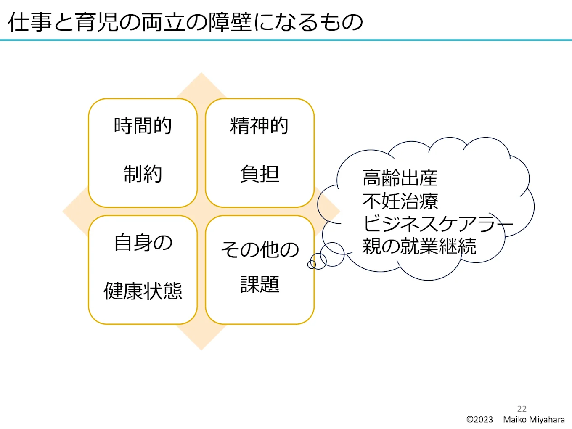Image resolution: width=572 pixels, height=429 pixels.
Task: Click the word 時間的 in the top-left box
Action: click(143, 126)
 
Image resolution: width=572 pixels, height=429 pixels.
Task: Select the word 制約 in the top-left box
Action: click(143, 174)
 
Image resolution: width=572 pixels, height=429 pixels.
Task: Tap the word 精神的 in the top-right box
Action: click(259, 126)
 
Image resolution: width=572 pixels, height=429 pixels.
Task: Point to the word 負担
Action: click(260, 174)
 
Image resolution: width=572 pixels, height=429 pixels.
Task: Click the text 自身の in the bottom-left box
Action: click(143, 243)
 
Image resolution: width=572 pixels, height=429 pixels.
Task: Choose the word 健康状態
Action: click(143, 291)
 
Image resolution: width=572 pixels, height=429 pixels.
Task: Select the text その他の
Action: click(260, 250)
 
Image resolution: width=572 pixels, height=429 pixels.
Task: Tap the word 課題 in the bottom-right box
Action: click(260, 284)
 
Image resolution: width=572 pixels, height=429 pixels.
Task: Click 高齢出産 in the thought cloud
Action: click(400, 178)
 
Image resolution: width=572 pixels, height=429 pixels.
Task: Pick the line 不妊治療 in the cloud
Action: click(400, 201)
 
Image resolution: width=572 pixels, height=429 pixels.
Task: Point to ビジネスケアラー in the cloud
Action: click(437, 224)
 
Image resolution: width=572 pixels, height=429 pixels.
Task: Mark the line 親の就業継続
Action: click(419, 246)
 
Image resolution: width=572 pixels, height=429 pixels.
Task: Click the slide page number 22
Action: click(522, 409)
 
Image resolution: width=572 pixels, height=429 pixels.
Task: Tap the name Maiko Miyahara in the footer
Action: click(534, 420)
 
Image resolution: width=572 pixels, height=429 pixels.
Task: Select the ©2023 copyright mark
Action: click(479, 420)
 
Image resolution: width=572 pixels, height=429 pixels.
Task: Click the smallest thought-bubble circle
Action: click(312, 265)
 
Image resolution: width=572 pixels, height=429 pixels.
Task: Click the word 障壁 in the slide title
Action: click(230, 22)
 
